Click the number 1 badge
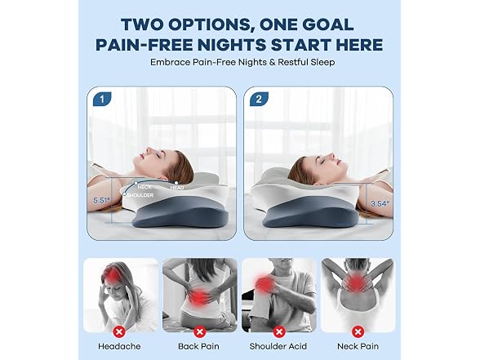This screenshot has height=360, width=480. [102, 100]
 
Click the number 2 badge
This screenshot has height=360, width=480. [259, 100]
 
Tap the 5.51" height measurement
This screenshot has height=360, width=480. [101, 201]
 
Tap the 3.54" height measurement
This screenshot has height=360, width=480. [380, 203]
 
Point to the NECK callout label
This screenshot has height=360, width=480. [144, 187]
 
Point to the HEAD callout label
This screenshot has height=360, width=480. [177, 188]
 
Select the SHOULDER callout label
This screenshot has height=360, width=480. [140, 195]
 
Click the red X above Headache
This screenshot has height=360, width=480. [119, 331]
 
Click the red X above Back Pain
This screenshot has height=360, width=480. [199, 331]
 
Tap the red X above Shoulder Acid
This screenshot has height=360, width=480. [279, 331]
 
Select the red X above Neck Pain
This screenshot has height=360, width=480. [358, 331]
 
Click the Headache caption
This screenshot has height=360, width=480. [119, 346]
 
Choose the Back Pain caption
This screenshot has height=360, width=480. [198, 346]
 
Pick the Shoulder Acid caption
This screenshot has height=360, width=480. [278, 346]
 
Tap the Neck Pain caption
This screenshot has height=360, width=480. [358, 346]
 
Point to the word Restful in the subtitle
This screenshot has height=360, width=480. [294, 62]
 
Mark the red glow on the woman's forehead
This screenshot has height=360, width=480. [113, 275]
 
